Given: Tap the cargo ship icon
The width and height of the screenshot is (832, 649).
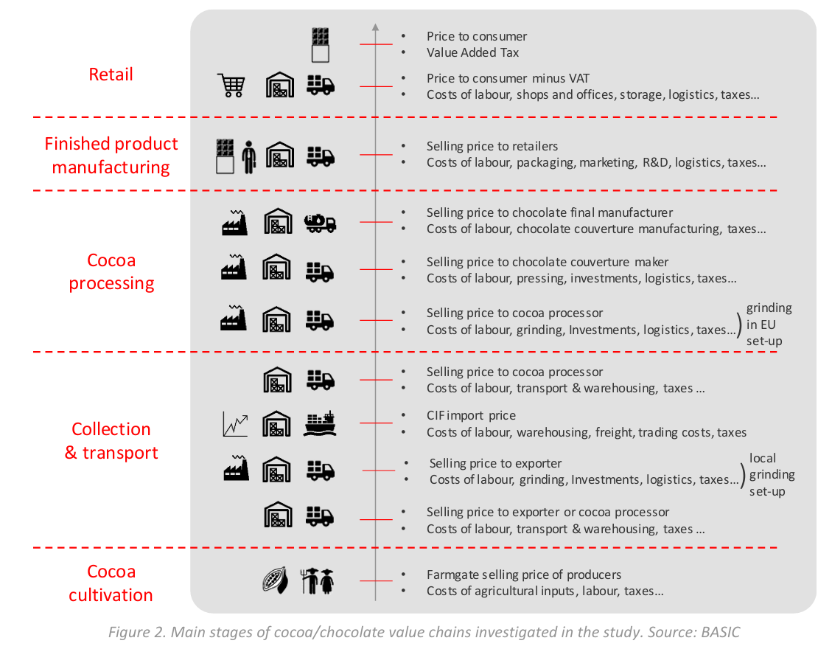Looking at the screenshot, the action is tap(320, 423).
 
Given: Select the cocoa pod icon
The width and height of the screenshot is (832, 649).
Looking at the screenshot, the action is tap(275, 581).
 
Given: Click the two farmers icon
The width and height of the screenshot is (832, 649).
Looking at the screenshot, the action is tap(318, 581).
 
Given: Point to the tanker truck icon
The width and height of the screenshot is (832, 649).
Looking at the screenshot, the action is tap(320, 222).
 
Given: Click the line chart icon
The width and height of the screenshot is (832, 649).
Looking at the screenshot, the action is tap(235, 424).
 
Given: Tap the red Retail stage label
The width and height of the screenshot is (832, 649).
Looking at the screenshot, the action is tap(111, 74).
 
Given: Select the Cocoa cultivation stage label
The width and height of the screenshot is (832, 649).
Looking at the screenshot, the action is tap(111, 583).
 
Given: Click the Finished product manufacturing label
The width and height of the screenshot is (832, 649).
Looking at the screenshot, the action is tap(111, 155).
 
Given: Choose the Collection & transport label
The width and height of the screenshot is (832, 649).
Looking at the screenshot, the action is tap(111, 441).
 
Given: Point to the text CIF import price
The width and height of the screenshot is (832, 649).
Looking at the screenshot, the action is tap(471, 415).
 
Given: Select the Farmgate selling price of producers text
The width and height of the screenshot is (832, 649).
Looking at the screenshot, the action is tap(523, 575).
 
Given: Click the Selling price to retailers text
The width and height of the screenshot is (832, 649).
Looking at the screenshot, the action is tap(492, 146).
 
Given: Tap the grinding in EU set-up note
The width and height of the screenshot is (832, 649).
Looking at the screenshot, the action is tap(769, 324).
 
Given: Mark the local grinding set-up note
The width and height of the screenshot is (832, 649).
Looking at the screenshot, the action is tap(772, 474).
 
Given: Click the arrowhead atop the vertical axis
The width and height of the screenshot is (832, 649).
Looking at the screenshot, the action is tap(375, 28).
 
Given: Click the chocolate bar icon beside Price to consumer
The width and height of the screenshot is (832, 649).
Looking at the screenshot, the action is tap(320, 44).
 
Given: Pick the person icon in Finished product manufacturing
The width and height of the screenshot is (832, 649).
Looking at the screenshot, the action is tap(248, 157).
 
